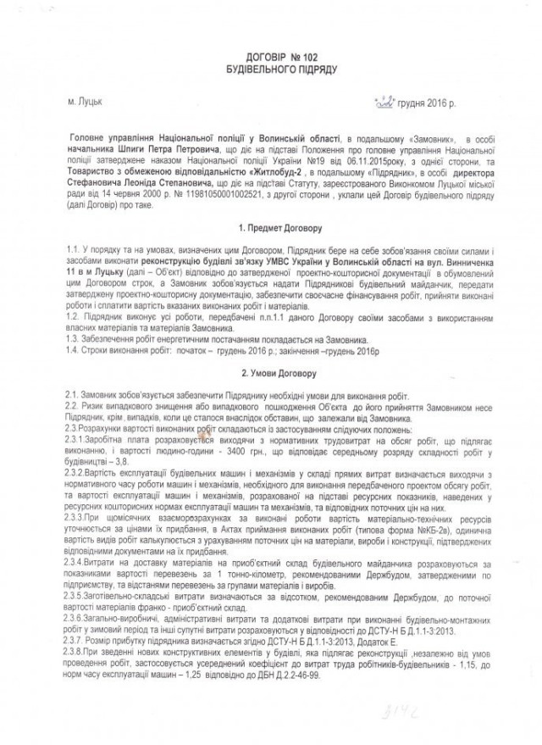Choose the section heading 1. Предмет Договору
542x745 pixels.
tap(270, 227)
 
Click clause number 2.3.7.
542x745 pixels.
tap(80, 619)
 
